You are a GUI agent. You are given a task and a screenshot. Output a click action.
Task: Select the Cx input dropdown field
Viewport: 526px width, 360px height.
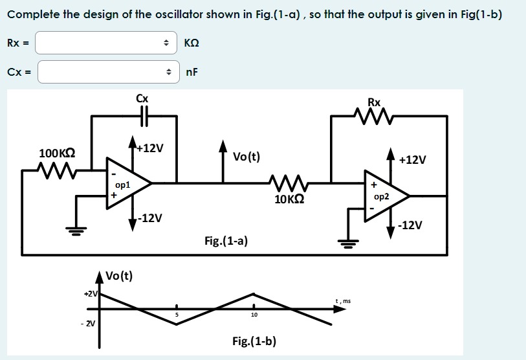click(107, 72)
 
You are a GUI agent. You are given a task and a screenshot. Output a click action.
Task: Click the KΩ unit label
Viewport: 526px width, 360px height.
click(192, 43)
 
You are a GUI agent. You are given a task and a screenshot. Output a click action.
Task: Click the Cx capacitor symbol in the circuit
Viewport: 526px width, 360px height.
click(143, 116)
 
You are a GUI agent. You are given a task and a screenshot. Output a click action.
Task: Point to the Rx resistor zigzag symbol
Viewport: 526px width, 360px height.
click(373, 117)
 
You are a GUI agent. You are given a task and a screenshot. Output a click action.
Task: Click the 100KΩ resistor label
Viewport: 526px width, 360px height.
click(57, 153)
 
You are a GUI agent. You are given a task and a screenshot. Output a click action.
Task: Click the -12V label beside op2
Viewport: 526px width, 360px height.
click(411, 225)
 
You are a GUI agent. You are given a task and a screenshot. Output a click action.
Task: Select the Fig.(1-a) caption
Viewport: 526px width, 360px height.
click(226, 242)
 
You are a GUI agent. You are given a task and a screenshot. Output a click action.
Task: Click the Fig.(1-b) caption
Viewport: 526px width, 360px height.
click(254, 341)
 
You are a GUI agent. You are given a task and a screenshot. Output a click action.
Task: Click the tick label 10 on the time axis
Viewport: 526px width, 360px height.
click(254, 316)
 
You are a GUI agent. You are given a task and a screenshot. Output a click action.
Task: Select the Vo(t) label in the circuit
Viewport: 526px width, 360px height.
click(247, 156)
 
